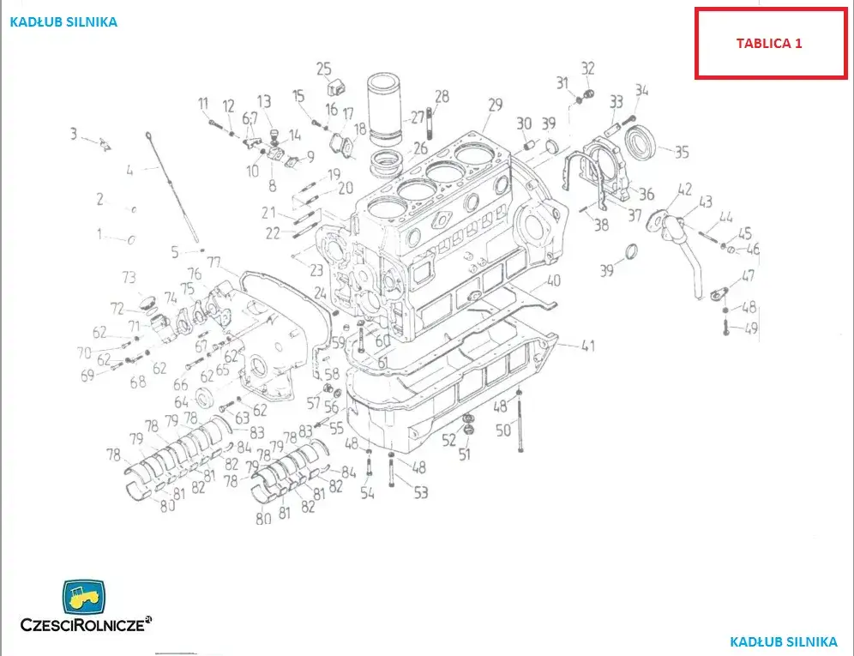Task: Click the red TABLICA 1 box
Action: coord(769,44)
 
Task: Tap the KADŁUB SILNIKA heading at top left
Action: coord(63,22)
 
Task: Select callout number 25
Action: coord(323,69)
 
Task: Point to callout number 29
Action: coord(495,105)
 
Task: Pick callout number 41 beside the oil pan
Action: coord(587,346)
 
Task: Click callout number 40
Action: coord(553,280)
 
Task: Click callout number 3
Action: coord(74,134)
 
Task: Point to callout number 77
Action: coord(214,262)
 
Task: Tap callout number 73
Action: coord(129,278)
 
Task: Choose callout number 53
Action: coord(420,492)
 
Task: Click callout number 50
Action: coord(503,430)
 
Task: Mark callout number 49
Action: coord(752,328)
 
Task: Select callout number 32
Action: coord(587,69)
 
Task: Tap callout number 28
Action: coord(442,96)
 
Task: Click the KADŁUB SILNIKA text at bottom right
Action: coord(784,641)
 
